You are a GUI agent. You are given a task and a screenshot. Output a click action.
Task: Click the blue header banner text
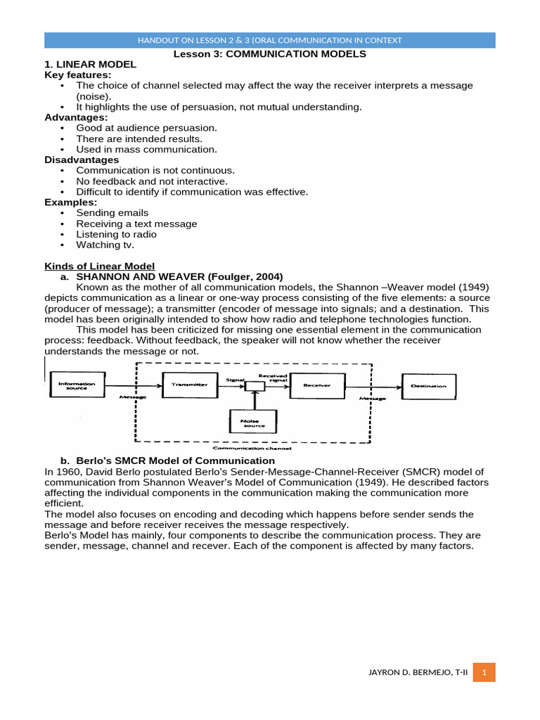point(270,40)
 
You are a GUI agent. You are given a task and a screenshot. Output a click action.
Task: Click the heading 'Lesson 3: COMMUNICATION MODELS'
point(270,53)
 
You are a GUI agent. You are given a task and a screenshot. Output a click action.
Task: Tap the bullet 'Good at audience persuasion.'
point(146,128)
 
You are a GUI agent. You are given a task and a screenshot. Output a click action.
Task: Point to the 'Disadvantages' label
point(82,160)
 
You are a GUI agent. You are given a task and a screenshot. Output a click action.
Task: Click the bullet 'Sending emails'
point(112,213)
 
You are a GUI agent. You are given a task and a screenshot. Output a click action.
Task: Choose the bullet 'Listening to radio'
point(116,234)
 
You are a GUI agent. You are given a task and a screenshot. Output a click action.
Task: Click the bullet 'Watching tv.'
point(105,245)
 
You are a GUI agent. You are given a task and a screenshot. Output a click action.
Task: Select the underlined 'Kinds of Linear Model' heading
point(100,266)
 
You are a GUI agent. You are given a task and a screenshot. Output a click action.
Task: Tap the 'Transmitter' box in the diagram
point(190,385)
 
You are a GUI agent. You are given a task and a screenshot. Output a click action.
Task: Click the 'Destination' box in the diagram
point(428,386)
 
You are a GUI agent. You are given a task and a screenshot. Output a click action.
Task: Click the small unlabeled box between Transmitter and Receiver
point(255,386)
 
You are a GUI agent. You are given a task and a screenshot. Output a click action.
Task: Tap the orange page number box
point(484,672)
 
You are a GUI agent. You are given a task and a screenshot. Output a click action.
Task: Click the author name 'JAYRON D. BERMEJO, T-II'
point(418,672)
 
